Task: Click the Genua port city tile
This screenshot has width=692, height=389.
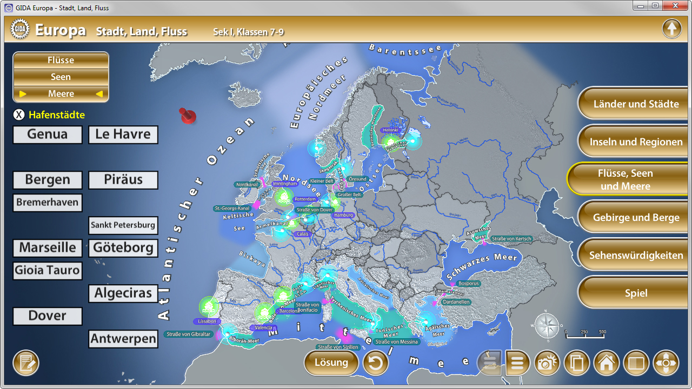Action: pyautogui.click(x=48, y=135)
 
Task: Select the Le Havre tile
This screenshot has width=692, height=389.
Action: pyautogui.click(x=123, y=135)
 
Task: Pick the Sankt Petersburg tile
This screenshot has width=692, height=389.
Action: pyautogui.click(x=123, y=225)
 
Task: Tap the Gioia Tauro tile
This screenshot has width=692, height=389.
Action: pyautogui.click(x=48, y=271)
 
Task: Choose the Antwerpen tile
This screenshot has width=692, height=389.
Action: pyautogui.click(x=123, y=339)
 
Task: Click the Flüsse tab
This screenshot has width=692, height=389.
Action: pyautogui.click(x=61, y=60)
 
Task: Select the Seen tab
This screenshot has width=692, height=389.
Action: pyautogui.click(x=61, y=77)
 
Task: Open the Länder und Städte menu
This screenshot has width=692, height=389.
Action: pyautogui.click(x=636, y=104)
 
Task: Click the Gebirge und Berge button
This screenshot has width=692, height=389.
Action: pyautogui.click(x=636, y=218)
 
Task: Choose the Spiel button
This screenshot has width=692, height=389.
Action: pyautogui.click(x=636, y=293)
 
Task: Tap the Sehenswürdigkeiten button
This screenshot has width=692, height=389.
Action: pyautogui.click(x=636, y=256)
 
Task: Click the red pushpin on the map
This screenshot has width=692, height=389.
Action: pyautogui.click(x=188, y=115)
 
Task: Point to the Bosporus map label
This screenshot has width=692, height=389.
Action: pyautogui.click(x=468, y=283)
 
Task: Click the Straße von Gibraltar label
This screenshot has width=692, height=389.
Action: pyautogui.click(x=189, y=334)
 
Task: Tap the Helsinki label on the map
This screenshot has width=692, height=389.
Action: pyautogui.click(x=390, y=130)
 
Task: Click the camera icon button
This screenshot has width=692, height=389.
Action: pyautogui.click(x=547, y=363)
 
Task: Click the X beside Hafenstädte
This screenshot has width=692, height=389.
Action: pyautogui.click(x=19, y=115)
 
